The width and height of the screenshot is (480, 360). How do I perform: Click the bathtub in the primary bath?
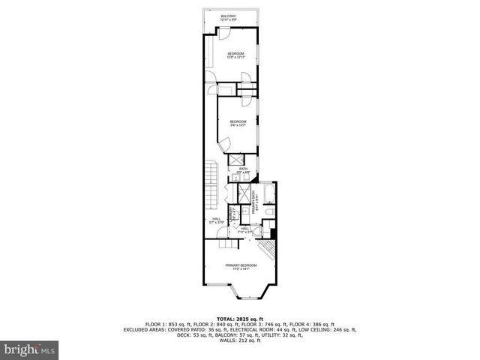[x=269, y=198]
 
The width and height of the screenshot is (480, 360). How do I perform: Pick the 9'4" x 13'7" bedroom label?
[x=238, y=123]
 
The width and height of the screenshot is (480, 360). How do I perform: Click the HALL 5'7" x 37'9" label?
[x=217, y=221]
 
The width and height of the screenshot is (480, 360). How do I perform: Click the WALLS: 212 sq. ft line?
[x=239, y=340]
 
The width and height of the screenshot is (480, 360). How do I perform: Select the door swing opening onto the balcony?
[x=223, y=31]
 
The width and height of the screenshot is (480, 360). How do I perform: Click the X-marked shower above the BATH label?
[x=235, y=159]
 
